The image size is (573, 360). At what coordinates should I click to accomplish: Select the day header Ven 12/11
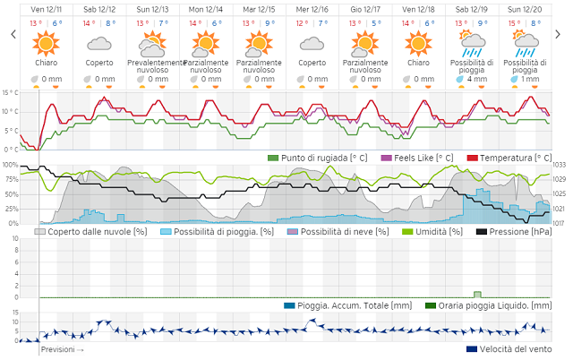coord(46,9)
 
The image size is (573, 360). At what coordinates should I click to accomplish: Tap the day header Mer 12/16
coord(312,9)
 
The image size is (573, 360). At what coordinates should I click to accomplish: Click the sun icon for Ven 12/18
coord(417,42)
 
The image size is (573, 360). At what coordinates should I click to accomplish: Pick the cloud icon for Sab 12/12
coord(98,43)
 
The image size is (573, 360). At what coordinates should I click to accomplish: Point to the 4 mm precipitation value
coord(476,79)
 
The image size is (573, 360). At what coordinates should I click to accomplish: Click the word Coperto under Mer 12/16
coord(312,64)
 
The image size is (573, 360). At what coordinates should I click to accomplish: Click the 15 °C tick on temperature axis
coord(9,92)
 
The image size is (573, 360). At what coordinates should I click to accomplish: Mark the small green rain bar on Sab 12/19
coord(477,294)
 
